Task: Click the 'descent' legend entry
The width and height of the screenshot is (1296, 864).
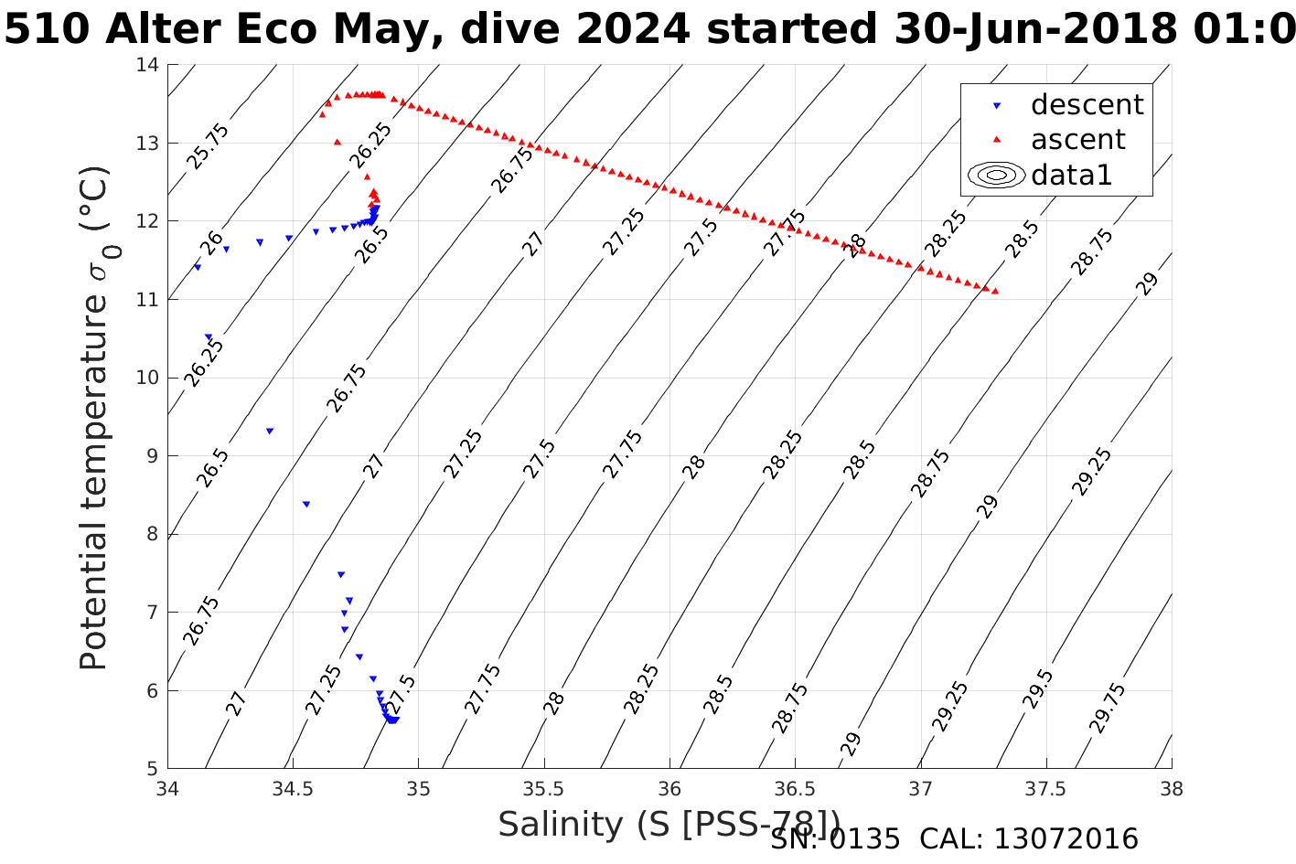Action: point(1087,105)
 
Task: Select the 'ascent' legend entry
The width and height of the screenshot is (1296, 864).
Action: point(1078,140)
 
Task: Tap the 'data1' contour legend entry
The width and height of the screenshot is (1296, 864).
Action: point(1071,175)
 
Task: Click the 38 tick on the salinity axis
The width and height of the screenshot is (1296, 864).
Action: point(1172,789)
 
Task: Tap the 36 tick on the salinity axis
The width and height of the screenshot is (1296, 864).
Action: point(669,789)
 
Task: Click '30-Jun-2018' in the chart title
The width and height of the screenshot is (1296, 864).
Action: point(1033,29)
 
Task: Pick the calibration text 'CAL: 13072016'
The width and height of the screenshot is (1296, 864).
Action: point(1029,839)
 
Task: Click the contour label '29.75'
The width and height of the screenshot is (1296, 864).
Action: point(1109,707)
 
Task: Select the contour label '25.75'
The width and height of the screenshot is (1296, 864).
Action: point(209,146)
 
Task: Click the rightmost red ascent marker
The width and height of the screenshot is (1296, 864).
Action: point(995,291)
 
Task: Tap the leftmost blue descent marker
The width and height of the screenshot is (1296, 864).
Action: point(197,267)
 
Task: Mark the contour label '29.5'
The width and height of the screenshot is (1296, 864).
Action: point(1039,689)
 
